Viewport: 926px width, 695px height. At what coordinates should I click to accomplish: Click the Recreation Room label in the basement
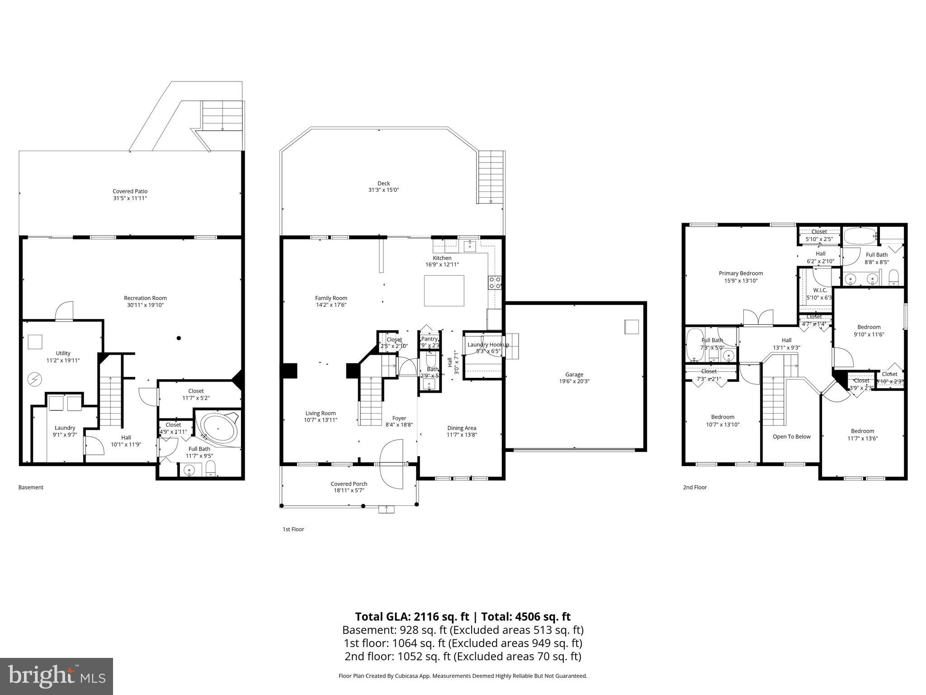pos(145,298)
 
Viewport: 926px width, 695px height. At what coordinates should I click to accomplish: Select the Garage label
pos(574,374)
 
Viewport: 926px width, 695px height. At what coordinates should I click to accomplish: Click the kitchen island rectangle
pos(444,290)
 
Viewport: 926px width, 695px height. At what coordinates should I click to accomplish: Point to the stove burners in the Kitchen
pos(495,282)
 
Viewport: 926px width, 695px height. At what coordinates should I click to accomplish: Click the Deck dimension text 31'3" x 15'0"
pos(383,190)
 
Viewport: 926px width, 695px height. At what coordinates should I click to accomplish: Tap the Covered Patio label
pos(130,191)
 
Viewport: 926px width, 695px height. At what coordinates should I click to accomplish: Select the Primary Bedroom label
pos(741,273)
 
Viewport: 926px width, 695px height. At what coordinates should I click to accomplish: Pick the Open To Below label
pos(791,437)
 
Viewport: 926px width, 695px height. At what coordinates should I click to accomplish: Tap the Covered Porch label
pos(349,484)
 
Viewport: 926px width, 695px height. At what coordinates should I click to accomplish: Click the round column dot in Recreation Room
pos(179,338)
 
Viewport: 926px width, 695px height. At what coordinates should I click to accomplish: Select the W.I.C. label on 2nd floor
pos(820,290)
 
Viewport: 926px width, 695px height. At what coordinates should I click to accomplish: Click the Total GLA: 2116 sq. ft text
pos(412,617)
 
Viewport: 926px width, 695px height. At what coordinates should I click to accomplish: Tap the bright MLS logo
pos(57,676)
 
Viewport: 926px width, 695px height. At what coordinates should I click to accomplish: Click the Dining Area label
pos(461,428)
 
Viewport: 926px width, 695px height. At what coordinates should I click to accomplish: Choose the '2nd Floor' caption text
pos(694,487)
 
